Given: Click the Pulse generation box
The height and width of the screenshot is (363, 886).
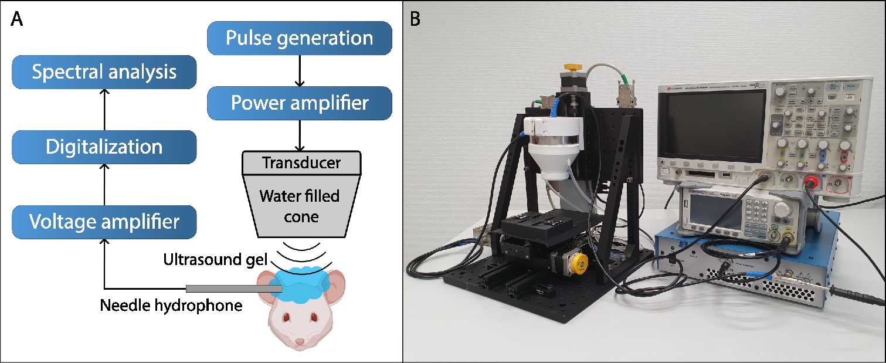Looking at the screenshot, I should (299, 39).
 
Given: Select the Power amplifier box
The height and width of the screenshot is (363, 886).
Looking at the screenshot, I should (299, 104).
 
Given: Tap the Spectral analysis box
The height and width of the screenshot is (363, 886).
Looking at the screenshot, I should (104, 72).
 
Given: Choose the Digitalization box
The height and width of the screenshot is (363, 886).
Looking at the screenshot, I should (104, 147).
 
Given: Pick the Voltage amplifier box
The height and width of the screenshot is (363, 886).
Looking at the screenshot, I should (104, 222).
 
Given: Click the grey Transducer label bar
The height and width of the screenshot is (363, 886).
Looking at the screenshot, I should (301, 162).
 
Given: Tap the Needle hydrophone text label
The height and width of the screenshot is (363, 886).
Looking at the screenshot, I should (171, 306).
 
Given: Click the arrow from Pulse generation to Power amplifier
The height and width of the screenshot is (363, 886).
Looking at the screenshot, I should (300, 71).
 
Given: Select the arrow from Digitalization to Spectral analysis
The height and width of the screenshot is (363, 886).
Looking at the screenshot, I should (104, 110).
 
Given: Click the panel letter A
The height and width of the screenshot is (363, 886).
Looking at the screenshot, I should (17, 19).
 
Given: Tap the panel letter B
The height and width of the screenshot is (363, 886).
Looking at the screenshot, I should (415, 19).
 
